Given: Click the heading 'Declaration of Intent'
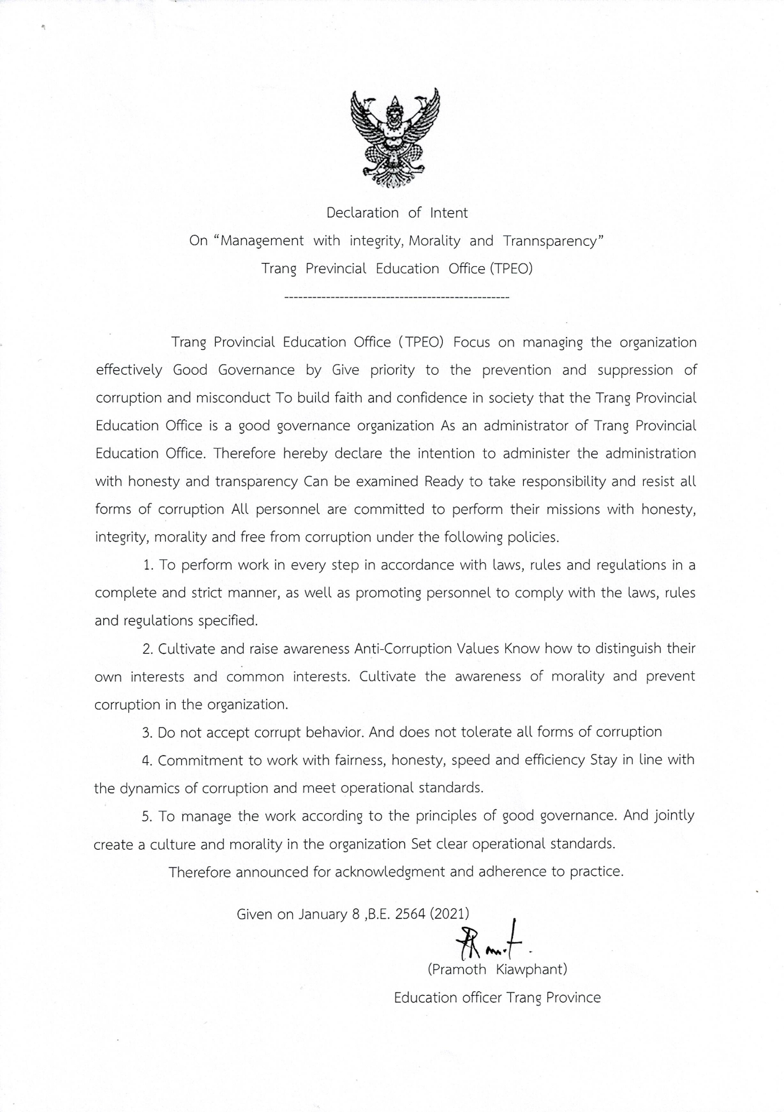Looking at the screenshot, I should point(397,213).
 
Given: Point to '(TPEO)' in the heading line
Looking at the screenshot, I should point(510,269).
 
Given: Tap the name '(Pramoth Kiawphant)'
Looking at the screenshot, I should point(497,969).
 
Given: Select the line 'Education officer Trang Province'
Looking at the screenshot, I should point(497,997).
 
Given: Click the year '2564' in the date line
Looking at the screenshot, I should point(410,913).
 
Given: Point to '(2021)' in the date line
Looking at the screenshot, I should point(450,913).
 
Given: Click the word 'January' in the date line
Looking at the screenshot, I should point(322,914).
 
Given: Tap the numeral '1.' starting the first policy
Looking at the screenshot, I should point(149,565).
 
